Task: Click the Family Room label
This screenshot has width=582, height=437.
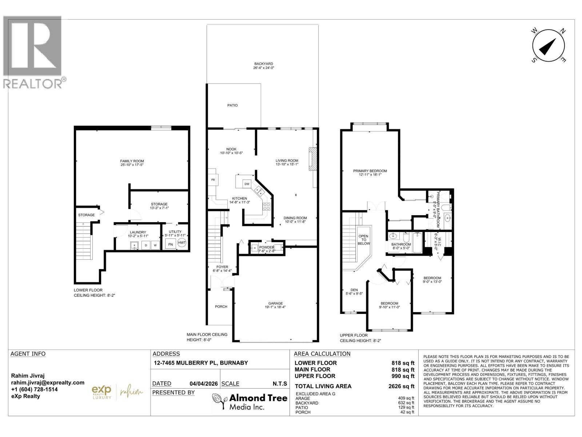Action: [x=132, y=161]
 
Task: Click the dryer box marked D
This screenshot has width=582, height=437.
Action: [x=145, y=245]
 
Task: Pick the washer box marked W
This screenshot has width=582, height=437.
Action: [x=155, y=245]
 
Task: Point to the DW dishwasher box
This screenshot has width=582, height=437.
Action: [x=247, y=184]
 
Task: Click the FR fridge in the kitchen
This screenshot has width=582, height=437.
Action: [x=212, y=180]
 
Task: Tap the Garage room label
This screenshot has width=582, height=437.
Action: [x=275, y=303]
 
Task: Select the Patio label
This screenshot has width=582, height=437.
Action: [x=232, y=105]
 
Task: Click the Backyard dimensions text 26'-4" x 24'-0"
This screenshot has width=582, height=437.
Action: [x=264, y=68]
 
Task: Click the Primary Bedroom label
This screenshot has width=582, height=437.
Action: [x=370, y=171]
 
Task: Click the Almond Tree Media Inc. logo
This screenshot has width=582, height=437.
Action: [x=250, y=402]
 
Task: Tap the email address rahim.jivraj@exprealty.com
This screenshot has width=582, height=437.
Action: [x=48, y=383]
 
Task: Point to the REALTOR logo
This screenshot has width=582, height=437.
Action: [x=33, y=52]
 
